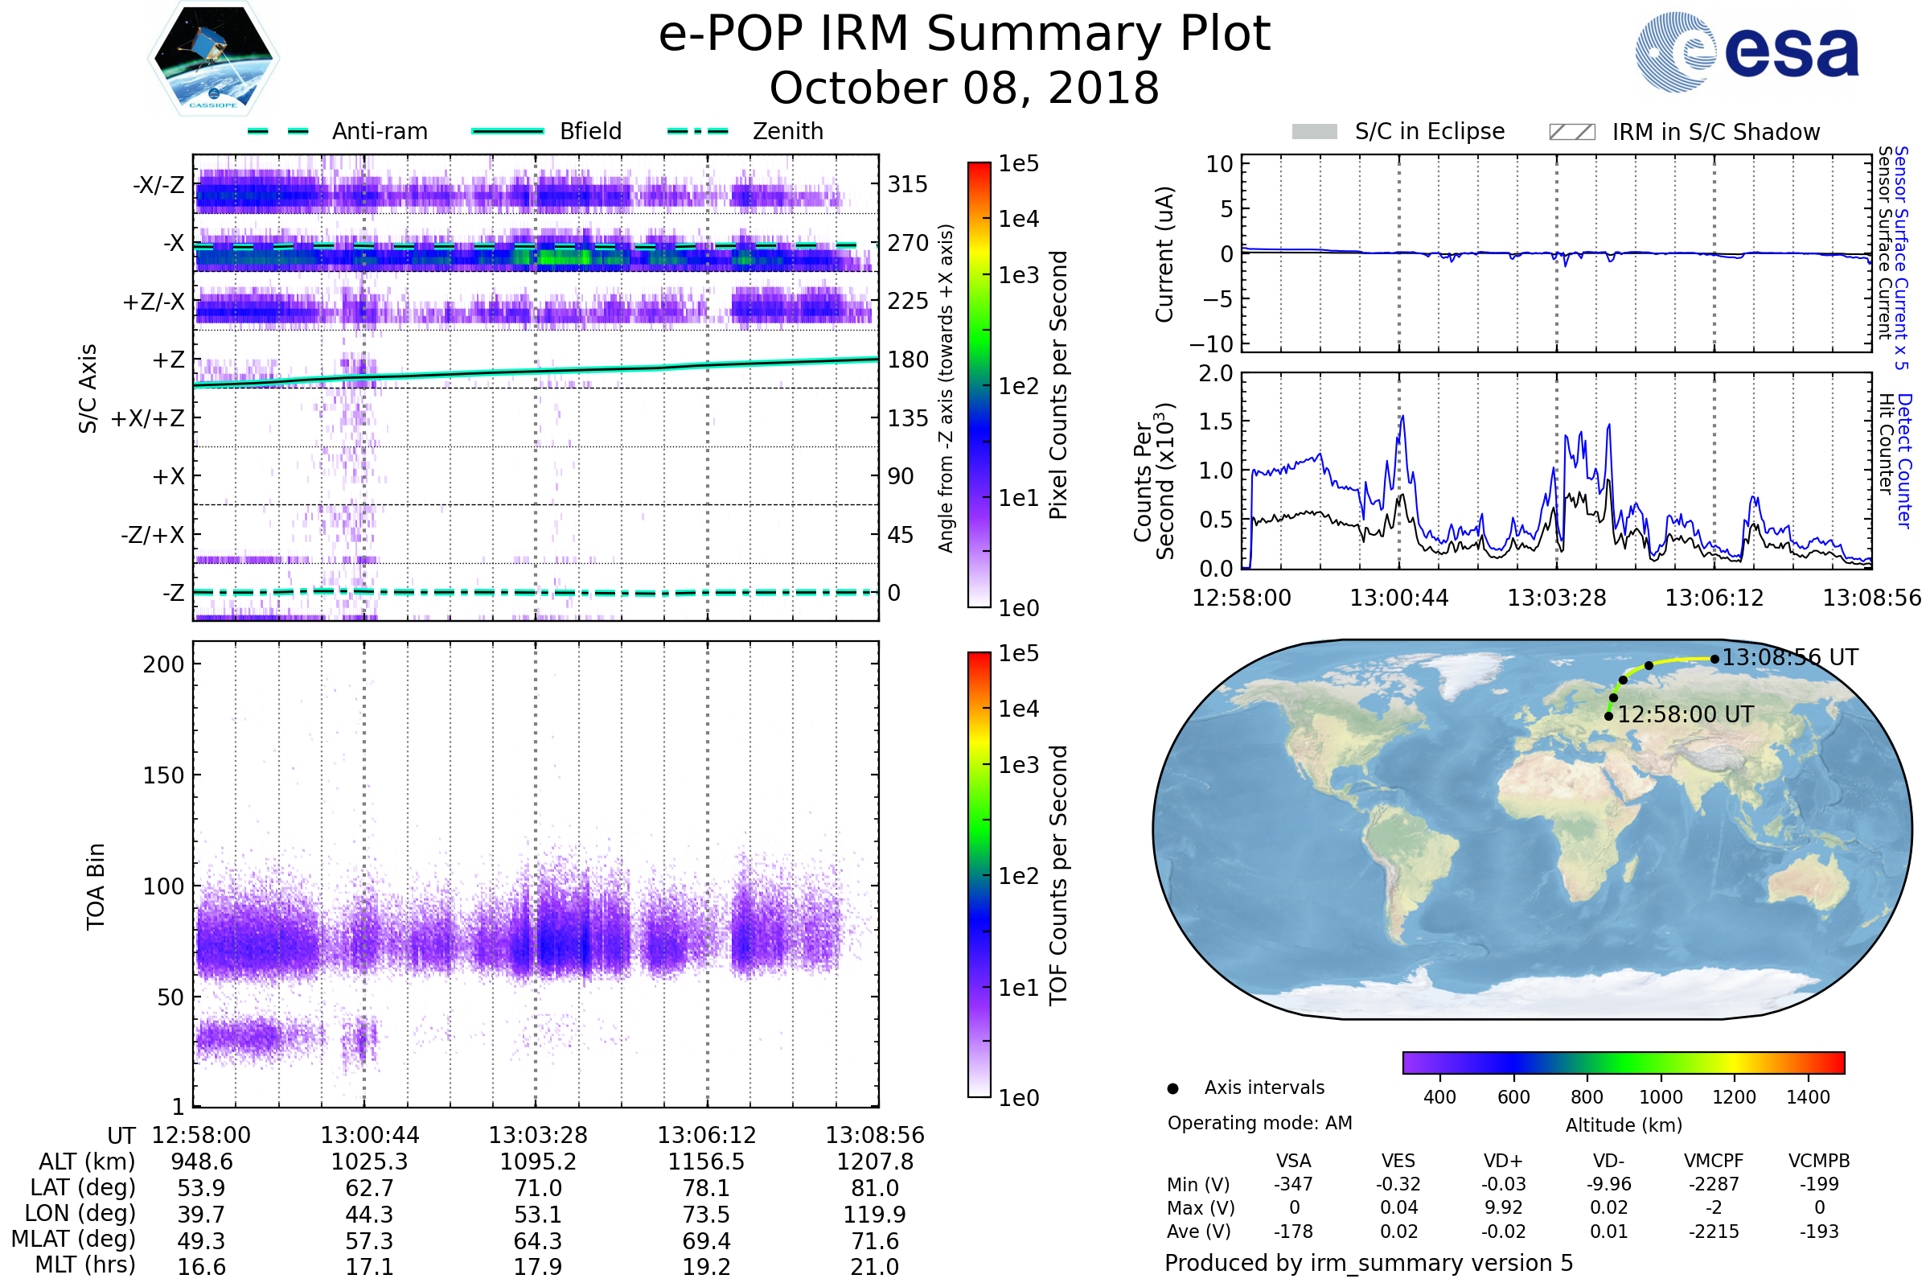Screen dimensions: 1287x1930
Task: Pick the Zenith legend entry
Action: coord(787,131)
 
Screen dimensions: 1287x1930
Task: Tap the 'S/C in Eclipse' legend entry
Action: coord(1429,131)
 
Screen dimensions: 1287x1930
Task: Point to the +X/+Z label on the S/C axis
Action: coord(148,418)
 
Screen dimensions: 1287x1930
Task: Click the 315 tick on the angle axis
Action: coord(908,184)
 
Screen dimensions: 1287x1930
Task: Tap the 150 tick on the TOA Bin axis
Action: coord(163,775)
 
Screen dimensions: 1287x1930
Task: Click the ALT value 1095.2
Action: coord(538,1162)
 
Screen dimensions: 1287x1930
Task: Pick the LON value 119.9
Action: coord(875,1215)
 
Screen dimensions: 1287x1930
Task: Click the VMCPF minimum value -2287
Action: coord(1714,1184)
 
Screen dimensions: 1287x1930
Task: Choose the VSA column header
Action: coord(1293,1162)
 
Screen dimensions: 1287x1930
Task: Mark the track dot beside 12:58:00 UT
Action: coord(1608,717)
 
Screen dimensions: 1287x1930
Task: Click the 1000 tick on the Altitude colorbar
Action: coord(1661,1097)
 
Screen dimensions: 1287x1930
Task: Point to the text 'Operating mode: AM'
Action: coord(1259,1123)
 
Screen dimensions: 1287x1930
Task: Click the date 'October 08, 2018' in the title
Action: coord(964,88)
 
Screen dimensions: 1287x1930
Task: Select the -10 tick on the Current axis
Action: coord(1218,343)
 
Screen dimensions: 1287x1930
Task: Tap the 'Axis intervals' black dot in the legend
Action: coord(1172,1088)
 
